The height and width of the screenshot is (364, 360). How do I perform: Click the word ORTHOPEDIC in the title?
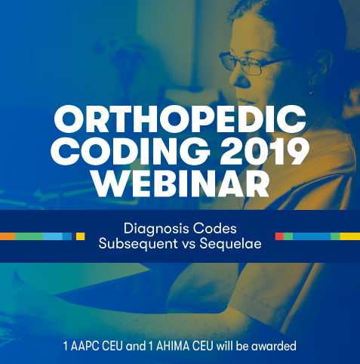point(180,119)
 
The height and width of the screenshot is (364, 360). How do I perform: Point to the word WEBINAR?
point(180,183)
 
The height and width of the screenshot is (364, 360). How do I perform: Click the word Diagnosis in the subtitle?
point(156,229)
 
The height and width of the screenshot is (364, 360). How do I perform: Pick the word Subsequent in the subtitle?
point(138,244)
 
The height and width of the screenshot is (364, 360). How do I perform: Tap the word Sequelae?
point(230,244)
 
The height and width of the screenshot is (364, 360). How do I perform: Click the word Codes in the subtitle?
point(215,229)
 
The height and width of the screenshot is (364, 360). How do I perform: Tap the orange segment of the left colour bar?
point(8,236)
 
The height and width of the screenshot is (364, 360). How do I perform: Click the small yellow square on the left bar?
point(80,236)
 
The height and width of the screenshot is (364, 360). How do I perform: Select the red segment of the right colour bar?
point(279,236)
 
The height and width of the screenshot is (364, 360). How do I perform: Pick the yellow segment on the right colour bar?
point(350,236)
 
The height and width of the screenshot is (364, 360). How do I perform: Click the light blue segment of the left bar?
point(53,236)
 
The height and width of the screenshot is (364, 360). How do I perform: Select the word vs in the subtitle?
point(189,244)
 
